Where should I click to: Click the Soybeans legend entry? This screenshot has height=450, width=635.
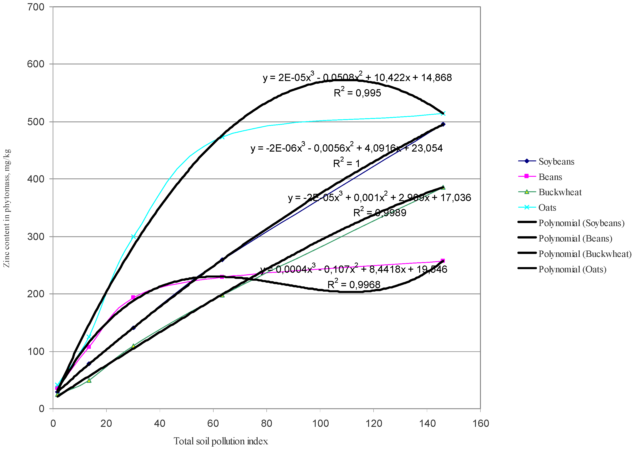(556, 162)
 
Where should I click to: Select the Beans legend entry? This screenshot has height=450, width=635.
(550, 177)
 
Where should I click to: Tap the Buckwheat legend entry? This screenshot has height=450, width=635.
(560, 192)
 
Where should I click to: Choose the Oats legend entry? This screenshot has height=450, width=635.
(547, 208)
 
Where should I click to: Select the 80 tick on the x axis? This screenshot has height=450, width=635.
(266, 423)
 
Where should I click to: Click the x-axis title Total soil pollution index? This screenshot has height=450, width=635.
(221, 441)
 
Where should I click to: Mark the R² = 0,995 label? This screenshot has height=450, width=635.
(357, 93)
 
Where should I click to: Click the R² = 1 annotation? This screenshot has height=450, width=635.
(346, 163)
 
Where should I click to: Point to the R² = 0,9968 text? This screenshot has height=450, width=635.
(354, 284)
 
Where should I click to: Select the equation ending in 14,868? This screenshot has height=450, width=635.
(357, 77)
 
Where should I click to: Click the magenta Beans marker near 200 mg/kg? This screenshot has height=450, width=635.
(133, 297)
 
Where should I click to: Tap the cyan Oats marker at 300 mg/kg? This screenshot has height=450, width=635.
(133, 237)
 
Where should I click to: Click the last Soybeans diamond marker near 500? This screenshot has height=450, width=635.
(443, 124)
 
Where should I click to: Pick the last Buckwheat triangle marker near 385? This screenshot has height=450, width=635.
(443, 187)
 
